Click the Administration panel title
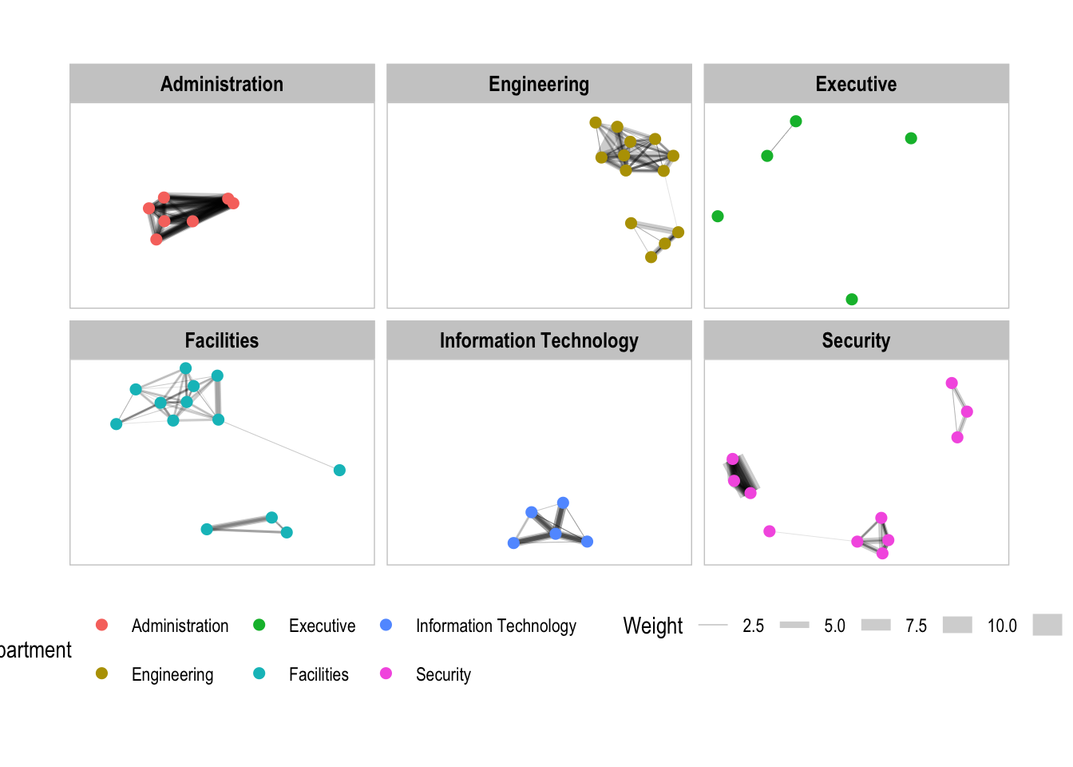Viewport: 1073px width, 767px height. tap(222, 84)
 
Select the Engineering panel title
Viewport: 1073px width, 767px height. tap(539, 84)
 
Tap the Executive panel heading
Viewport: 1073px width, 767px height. tap(856, 84)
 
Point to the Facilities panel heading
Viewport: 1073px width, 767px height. tap(222, 340)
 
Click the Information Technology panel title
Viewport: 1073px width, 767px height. tap(539, 340)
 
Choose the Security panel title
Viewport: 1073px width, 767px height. tap(856, 340)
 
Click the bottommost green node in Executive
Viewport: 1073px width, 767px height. tap(852, 300)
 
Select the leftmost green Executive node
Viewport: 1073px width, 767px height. tap(718, 217)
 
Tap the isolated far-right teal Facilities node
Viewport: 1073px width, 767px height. tap(339, 471)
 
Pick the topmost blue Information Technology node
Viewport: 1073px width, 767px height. tap(563, 503)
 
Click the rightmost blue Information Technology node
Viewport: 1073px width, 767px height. tap(588, 542)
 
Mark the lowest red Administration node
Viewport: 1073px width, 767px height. tap(156, 239)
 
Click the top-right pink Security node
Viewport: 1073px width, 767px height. tap(952, 383)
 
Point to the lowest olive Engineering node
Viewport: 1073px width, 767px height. tap(651, 257)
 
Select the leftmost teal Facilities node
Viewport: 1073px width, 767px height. tap(117, 424)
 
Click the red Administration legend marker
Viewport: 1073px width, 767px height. tap(101, 625)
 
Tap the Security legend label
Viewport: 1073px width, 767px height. tap(443, 674)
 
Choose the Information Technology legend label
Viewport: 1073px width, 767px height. tap(496, 626)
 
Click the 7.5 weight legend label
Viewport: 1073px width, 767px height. tap(916, 626)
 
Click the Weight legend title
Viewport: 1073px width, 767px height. tap(652, 626)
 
